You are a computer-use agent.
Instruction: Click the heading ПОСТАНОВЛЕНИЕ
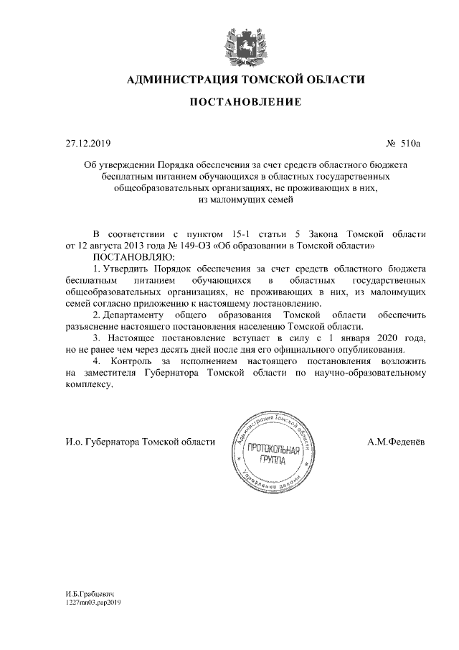[x=245, y=103]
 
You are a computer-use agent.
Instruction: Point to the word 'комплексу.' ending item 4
[x=89, y=384]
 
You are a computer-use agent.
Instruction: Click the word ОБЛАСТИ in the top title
[x=332, y=79]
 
